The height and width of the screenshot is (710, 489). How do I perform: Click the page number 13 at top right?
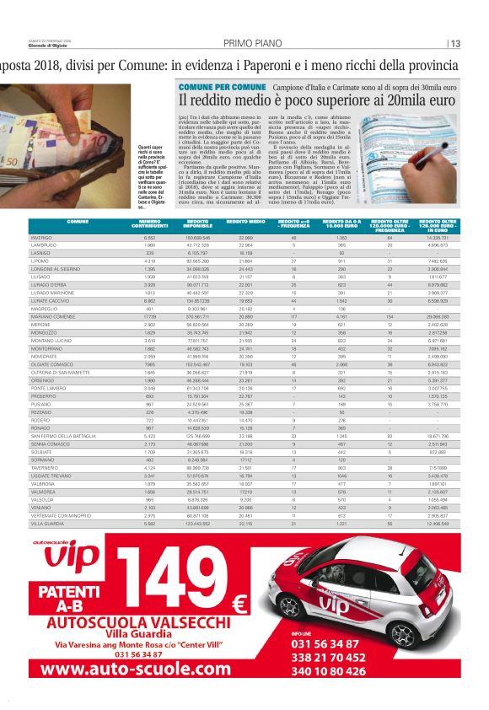click(454, 44)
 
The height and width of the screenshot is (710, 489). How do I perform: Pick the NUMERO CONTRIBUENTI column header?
click(150, 223)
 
